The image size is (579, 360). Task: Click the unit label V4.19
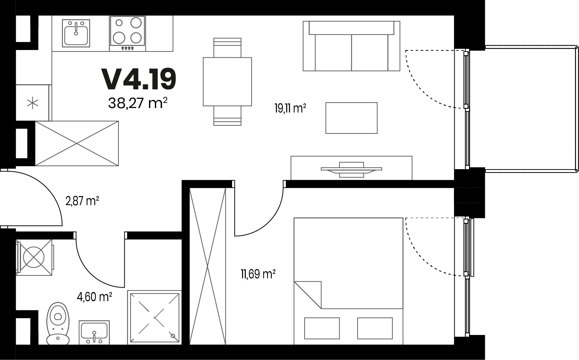click(139, 79)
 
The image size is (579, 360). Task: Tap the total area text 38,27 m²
click(138, 103)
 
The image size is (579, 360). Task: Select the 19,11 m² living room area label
click(290, 108)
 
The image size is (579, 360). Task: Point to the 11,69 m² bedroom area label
click(258, 274)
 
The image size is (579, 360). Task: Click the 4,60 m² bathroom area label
click(94, 297)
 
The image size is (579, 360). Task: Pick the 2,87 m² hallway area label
click(82, 201)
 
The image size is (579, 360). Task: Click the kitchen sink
click(76, 33)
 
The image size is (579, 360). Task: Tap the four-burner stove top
click(127, 31)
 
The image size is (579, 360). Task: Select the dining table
click(227, 82)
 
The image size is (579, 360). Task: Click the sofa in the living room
click(352, 46)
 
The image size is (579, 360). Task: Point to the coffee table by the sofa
click(352, 118)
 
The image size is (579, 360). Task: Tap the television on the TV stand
click(352, 170)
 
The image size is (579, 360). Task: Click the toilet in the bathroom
click(58, 324)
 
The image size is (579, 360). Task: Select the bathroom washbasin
click(94, 333)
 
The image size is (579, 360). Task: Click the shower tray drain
click(173, 336)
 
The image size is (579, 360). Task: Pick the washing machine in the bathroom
click(34, 257)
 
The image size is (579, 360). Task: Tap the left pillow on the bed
click(322, 328)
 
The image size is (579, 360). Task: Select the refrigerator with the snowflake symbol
click(33, 103)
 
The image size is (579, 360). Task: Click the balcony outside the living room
click(523, 108)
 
